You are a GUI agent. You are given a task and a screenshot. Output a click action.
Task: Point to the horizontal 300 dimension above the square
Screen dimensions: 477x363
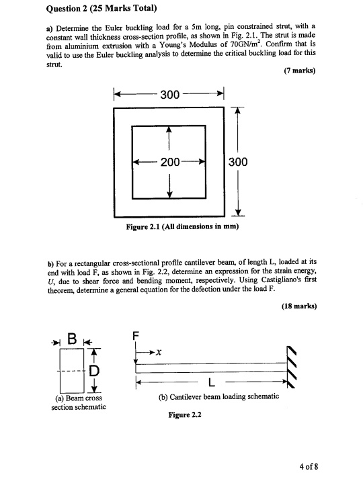tap(169, 93)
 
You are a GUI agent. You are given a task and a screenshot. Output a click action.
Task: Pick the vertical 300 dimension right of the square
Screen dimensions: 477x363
tap(239, 162)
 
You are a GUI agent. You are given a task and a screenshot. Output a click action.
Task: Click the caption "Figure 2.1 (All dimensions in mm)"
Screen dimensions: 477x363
tap(183, 226)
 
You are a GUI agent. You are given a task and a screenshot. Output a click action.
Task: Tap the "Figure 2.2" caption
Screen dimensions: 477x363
tap(183, 415)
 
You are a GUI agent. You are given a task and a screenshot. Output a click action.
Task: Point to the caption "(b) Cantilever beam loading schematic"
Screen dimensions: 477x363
tap(218, 396)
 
